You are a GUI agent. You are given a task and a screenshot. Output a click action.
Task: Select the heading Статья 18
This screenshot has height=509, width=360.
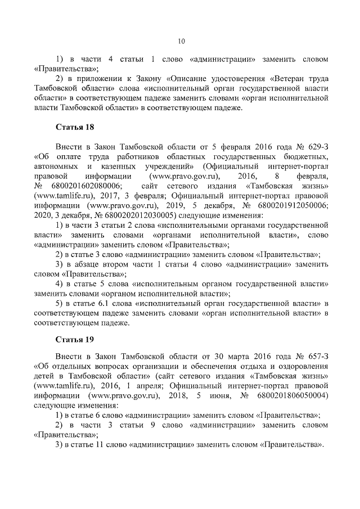click(x=74, y=128)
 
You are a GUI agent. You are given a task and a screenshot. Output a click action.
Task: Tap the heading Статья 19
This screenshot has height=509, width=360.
click(x=74, y=340)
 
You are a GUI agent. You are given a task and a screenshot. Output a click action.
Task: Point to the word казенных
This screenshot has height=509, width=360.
click(x=118, y=166)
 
